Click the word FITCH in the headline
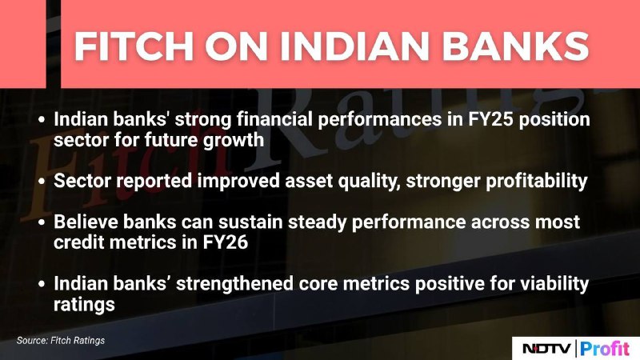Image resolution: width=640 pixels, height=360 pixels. pos(134,46)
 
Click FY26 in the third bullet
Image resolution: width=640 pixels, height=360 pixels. pos(226,242)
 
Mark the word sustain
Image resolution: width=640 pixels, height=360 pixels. pos(250,222)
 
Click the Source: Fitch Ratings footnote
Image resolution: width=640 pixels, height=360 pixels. pos(61,341)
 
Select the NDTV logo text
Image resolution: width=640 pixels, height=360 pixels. pos(547,349)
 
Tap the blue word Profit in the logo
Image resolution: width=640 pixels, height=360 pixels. pos(605,349)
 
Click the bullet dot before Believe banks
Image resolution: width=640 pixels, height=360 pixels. pos(42,222)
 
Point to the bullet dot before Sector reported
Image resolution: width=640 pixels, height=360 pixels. pos(42,182)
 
